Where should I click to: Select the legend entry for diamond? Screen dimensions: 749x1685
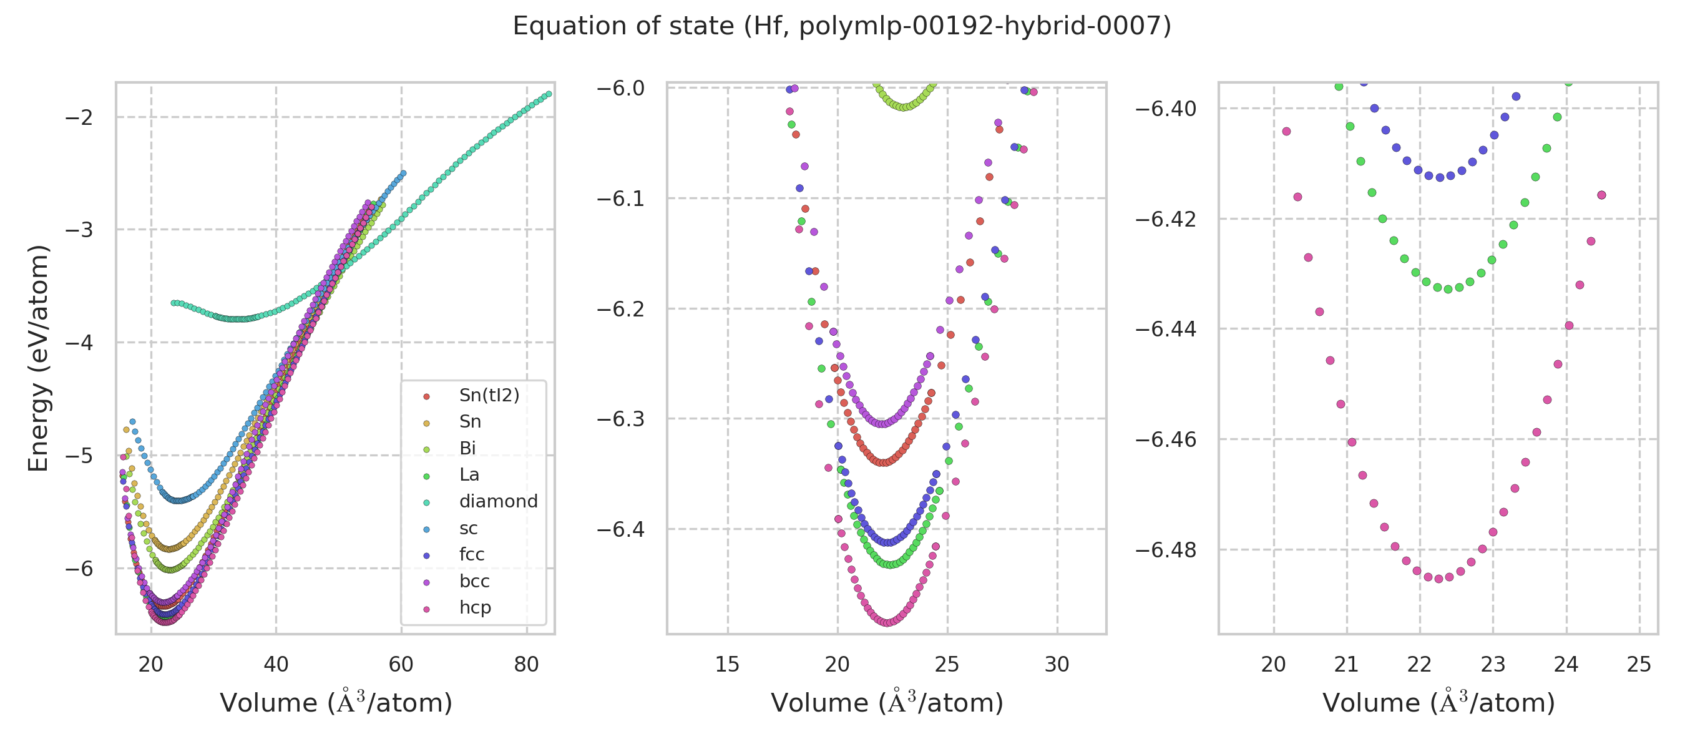(498, 501)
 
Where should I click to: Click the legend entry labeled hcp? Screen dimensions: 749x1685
(475, 607)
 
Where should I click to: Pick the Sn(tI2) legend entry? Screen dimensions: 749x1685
(489, 395)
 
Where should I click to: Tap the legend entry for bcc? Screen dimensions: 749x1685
(474, 581)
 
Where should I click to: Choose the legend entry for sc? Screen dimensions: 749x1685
(468, 528)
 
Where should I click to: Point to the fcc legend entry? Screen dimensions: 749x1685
(472, 554)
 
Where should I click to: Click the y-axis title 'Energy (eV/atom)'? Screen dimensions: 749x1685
(38, 358)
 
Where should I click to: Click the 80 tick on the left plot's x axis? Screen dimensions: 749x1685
(527, 665)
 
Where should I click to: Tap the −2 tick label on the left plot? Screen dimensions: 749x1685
(79, 118)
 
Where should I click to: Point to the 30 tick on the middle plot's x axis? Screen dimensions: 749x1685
(1057, 665)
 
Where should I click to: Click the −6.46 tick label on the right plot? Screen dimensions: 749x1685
(1165, 439)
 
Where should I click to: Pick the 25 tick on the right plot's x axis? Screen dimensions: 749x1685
(1639, 665)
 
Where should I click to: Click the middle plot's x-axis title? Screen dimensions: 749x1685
(886, 703)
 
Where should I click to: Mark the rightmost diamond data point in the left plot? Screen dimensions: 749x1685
(549, 94)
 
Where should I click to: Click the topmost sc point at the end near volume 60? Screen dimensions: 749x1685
(404, 174)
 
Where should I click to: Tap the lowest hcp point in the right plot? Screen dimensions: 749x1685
(1438, 579)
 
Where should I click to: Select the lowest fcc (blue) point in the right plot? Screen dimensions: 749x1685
(1440, 177)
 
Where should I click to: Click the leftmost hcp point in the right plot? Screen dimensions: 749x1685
(1287, 132)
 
